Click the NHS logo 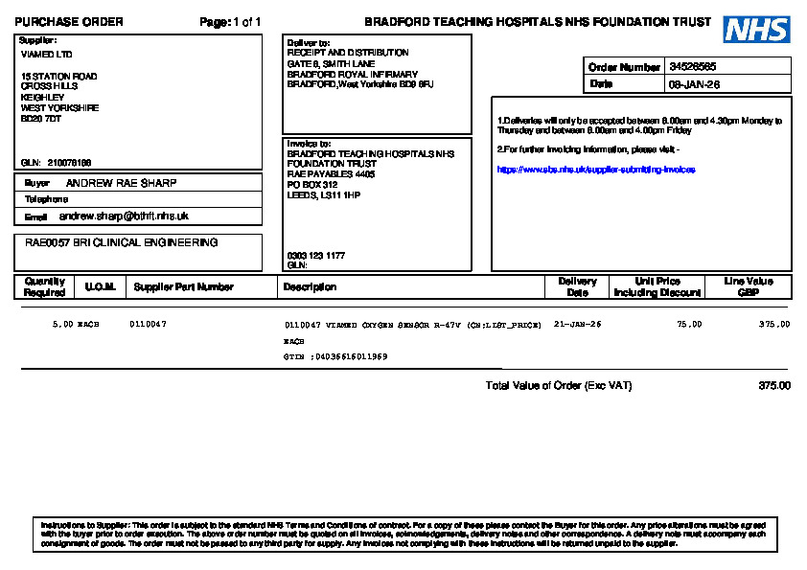(756, 30)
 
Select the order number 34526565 (692, 67)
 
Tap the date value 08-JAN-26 (694, 84)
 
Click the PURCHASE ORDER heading (69, 22)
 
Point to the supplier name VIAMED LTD (46, 55)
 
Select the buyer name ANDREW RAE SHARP (121, 182)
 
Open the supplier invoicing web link (595, 170)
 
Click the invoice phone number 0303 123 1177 (316, 256)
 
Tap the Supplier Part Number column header (183, 286)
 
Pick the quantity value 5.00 (62, 325)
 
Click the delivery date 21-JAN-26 (578, 325)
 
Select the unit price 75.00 (689, 325)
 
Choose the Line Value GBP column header (749, 286)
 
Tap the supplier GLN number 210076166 (69, 163)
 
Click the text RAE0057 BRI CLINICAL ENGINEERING (122, 243)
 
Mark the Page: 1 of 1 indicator (230, 22)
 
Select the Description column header (310, 286)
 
